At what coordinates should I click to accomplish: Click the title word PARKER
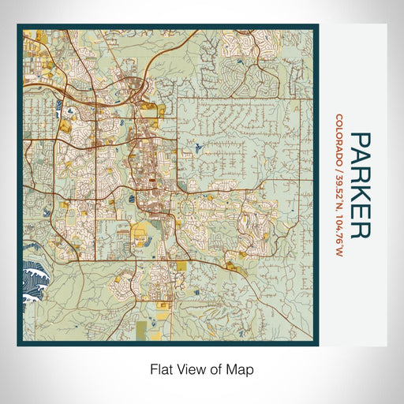360,185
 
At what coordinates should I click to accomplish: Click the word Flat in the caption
160,368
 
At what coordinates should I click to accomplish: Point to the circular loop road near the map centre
189,208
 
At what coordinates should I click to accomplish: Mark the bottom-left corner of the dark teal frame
19,345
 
